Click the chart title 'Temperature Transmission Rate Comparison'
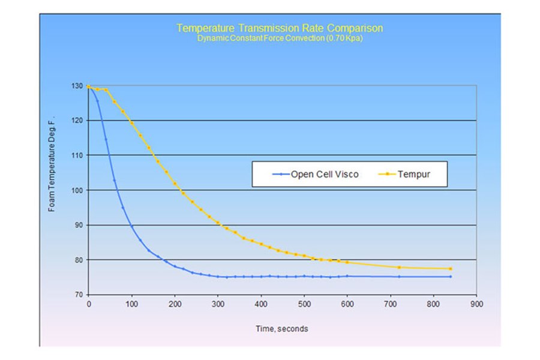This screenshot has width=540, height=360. pos(280,28)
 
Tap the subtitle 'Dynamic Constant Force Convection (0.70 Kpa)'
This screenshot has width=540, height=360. pos(280,38)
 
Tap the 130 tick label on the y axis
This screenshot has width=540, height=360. pos(76,86)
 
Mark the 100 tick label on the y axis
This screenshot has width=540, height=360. pos(76,190)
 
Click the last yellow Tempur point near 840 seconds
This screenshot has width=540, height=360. pos(451,268)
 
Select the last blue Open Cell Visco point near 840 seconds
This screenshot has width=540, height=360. pos(451,277)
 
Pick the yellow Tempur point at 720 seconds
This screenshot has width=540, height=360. pos(399,267)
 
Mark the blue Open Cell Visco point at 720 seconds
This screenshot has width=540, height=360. pos(399,277)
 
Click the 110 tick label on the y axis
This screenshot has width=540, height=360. pos(76,155)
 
